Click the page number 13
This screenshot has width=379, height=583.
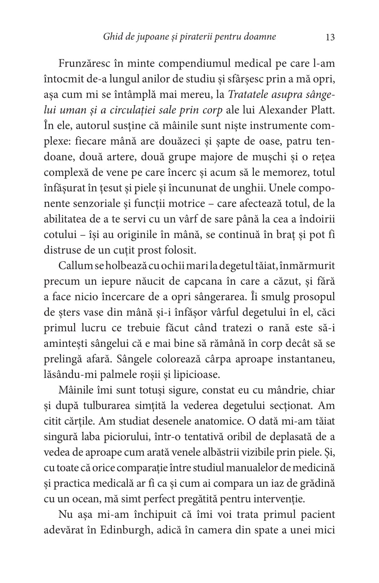click(330, 37)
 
